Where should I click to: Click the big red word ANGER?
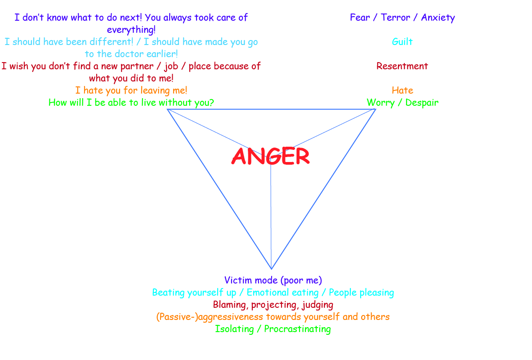[271, 157]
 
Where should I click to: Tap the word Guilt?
[402, 42]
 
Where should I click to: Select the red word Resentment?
[402, 66]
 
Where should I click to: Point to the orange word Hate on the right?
[402, 90]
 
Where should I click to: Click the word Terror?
[396, 18]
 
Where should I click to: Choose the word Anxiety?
[438, 18]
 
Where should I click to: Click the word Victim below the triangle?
[238, 280]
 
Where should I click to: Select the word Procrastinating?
[297, 329]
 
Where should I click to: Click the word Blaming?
[231, 305]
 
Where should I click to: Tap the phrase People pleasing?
[362, 292]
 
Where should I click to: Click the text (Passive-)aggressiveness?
[210, 317]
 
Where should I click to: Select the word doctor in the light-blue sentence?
[119, 54]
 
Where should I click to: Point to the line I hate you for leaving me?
[131, 90]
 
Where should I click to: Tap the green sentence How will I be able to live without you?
[131, 103]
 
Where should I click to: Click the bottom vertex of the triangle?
[271, 269]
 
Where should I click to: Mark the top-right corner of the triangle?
[376, 109]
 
